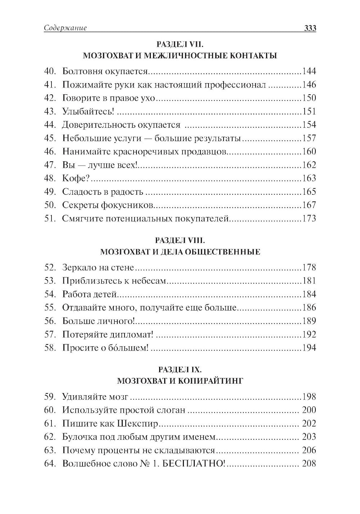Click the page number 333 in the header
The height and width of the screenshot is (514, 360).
tap(310, 28)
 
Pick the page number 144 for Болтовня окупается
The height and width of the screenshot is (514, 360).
tap(309, 71)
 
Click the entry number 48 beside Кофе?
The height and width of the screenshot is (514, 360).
tap(49, 178)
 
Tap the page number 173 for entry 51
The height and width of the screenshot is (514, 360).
tap(309, 218)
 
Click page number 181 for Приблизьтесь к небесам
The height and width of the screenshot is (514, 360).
tap(309, 281)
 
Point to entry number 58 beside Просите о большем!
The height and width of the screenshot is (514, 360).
tap(49, 348)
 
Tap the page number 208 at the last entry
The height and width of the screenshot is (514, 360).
tap(309, 464)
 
